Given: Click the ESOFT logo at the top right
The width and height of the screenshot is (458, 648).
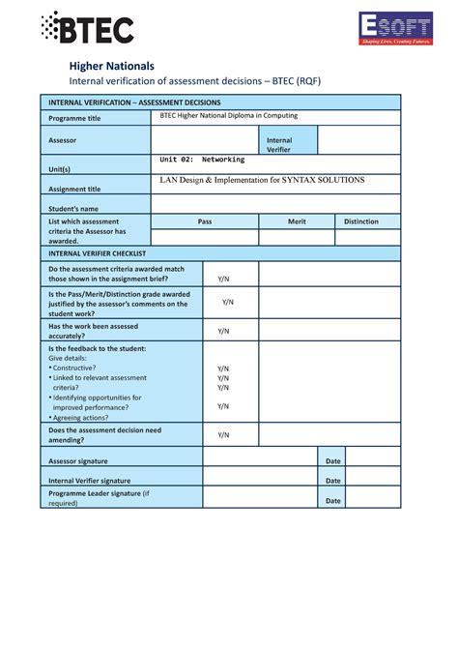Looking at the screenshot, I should click(x=396, y=28).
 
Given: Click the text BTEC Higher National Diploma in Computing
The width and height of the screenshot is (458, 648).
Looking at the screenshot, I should click(x=228, y=116).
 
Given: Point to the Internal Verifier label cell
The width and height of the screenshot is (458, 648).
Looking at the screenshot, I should click(x=279, y=145).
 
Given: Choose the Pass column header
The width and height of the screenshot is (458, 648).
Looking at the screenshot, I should click(x=205, y=221).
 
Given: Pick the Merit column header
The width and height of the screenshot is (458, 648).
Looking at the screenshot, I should click(x=297, y=221).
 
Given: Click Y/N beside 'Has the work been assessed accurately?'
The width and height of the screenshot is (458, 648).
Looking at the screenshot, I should click(x=223, y=331).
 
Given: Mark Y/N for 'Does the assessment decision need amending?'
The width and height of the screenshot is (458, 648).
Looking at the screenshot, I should click(x=223, y=435).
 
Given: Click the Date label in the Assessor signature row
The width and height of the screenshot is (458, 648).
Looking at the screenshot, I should click(x=333, y=461).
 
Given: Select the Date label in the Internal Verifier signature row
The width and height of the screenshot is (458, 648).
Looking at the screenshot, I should click(x=333, y=480).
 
